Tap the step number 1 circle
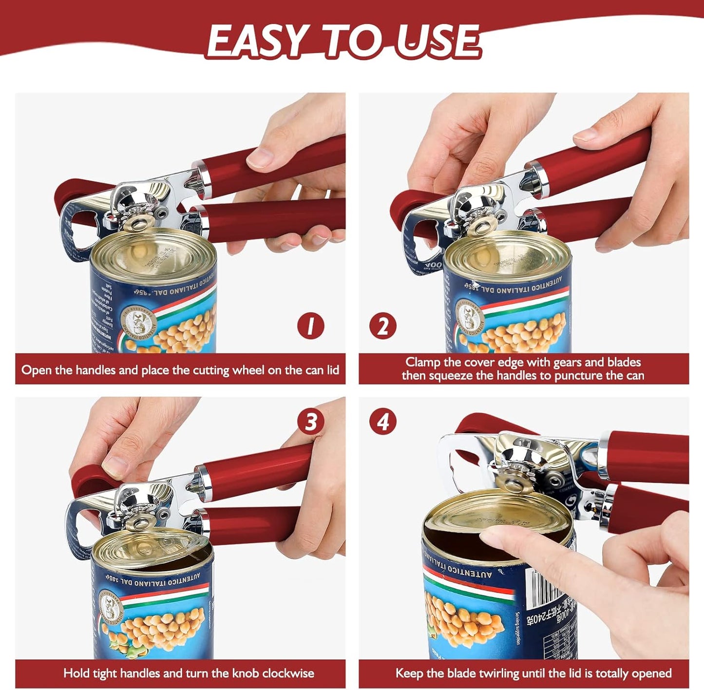tap(311, 326)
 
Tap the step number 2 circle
tap(382, 326)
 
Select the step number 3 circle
tap(311, 422)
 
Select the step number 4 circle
tap(382, 422)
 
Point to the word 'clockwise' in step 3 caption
tap(288, 673)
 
